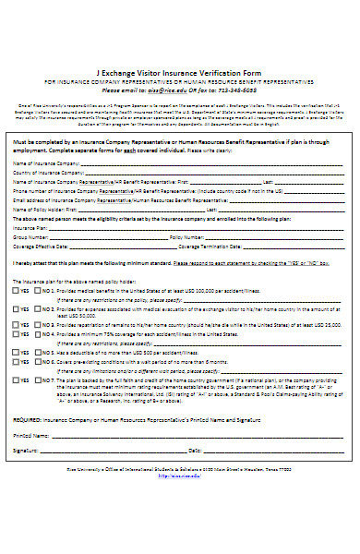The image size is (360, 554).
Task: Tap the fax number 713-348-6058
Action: pos(234,90)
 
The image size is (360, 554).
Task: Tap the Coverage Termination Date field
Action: pos(286,247)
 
